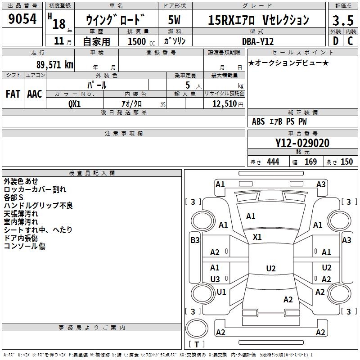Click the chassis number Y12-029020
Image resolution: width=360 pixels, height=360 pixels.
click(302, 144)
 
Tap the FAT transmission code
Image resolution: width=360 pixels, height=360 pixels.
click(13, 94)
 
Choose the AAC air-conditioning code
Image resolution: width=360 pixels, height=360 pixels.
click(35, 94)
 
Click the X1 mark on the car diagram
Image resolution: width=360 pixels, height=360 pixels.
click(257, 237)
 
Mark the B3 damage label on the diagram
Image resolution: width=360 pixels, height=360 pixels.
click(195, 240)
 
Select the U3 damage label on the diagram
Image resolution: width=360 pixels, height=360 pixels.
click(215, 279)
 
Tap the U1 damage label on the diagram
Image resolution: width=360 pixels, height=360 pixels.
click(221, 292)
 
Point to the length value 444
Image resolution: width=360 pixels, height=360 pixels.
click(273, 162)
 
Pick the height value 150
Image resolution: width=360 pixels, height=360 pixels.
click(346, 162)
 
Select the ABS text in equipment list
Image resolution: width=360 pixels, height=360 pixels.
click(258, 121)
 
